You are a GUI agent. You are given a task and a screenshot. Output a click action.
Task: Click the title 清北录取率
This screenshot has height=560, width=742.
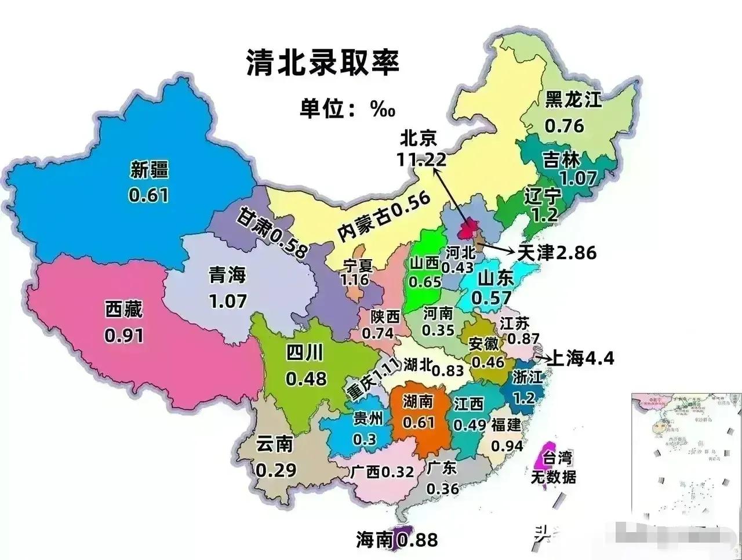point(323,62)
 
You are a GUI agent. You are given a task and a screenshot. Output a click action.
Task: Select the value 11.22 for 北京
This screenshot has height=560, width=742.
point(421,159)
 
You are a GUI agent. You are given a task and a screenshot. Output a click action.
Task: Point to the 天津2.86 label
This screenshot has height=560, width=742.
point(556,252)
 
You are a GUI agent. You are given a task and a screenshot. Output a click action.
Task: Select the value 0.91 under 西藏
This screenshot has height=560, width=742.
point(123,335)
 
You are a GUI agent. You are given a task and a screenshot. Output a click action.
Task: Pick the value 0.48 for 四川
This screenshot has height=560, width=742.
point(306,378)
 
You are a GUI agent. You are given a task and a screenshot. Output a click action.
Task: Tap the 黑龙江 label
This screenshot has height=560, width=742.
point(573,100)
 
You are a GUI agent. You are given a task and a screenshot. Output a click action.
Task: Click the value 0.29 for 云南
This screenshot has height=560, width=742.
point(276,469)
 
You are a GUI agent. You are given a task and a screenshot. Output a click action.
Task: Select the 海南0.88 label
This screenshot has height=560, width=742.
point(397,539)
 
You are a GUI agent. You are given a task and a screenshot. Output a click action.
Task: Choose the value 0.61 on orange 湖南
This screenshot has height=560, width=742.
point(419,422)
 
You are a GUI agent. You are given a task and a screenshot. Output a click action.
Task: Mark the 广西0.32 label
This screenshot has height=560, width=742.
point(382,471)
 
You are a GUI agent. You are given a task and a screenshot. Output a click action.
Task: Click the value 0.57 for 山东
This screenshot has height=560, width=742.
point(492,297)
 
